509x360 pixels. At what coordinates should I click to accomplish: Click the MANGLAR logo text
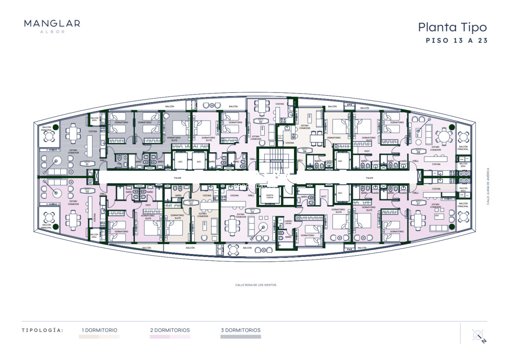point(52,24)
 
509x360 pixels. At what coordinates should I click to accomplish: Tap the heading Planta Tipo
point(452,28)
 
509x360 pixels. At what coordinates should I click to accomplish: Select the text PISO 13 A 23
point(456,41)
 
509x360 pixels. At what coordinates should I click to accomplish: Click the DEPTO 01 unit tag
point(87,163)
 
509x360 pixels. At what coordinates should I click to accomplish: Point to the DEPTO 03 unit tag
point(191,203)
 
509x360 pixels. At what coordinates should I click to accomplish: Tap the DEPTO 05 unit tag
point(261,121)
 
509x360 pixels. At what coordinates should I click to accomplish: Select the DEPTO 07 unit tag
point(418,203)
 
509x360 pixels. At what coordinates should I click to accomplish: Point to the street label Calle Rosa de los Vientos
point(255,285)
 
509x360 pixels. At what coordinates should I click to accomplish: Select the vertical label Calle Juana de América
point(488,186)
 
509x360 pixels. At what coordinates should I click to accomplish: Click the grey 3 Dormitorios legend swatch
point(241,337)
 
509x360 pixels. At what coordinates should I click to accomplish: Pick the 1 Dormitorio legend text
point(100,330)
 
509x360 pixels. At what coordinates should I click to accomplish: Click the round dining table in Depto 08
point(444,137)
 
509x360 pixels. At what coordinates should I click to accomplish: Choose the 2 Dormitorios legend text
point(170,330)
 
